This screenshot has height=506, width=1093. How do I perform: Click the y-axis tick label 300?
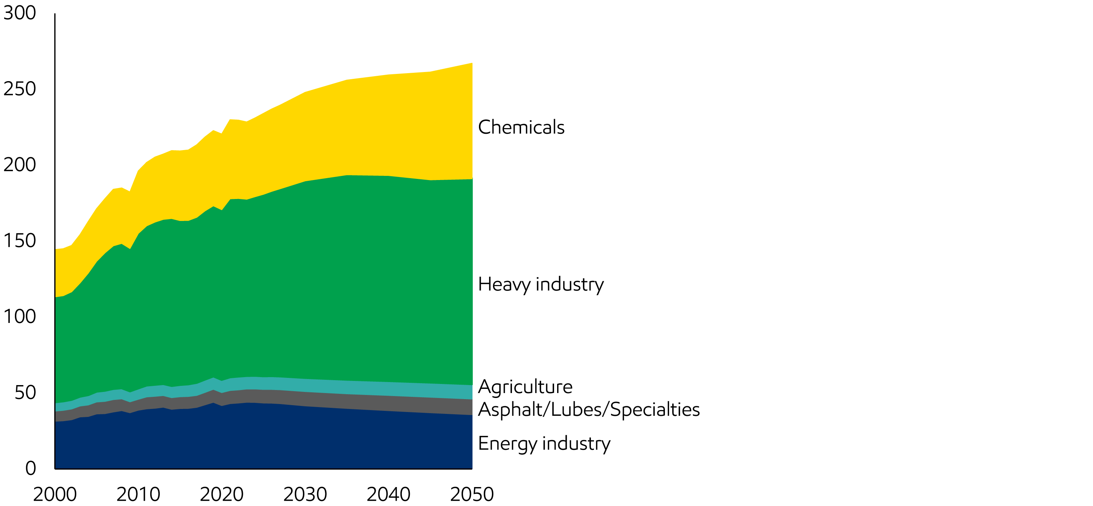(x=19, y=13)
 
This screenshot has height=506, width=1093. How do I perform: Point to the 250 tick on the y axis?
(x=19, y=89)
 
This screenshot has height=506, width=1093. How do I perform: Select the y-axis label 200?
(x=19, y=165)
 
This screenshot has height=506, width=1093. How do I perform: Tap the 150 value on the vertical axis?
(x=19, y=241)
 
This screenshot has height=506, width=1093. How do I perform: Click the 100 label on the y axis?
(x=19, y=316)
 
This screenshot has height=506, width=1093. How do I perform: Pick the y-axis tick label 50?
(x=25, y=393)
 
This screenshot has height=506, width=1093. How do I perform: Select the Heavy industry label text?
(x=540, y=284)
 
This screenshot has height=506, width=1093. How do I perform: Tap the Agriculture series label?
(x=525, y=387)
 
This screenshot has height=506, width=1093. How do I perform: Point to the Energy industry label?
(x=544, y=444)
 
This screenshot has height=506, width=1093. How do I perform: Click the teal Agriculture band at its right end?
(x=467, y=392)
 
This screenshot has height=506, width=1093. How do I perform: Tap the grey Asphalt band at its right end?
(x=467, y=407)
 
